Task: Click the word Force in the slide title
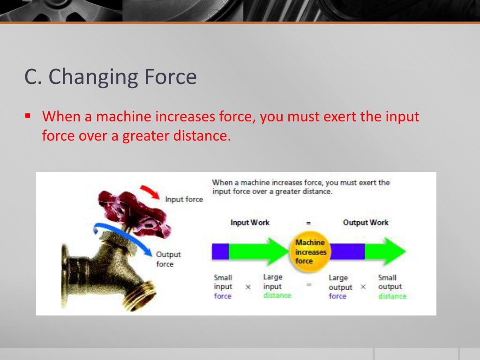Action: [170, 76]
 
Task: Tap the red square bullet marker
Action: [28, 116]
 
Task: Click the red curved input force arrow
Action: [150, 192]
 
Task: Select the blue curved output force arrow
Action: [122, 236]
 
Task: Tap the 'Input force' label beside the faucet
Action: [184, 199]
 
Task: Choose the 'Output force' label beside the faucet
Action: [168, 259]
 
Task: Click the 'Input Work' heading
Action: [250, 223]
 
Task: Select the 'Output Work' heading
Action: [366, 223]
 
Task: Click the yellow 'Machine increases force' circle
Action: [310, 252]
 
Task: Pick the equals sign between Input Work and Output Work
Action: [308, 223]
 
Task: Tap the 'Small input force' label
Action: [223, 286]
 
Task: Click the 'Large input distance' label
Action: [277, 286]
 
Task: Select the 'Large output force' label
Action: [340, 286]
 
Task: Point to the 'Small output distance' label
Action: [392, 286]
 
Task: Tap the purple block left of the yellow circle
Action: [220, 251]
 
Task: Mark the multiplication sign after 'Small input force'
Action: [248, 287]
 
